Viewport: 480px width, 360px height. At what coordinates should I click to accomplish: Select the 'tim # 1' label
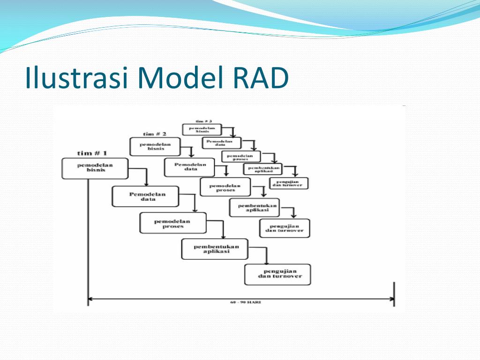pos(92,153)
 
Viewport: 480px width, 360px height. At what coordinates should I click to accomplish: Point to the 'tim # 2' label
pos(155,134)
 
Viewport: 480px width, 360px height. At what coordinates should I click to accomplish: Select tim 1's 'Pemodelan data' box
pos(145,196)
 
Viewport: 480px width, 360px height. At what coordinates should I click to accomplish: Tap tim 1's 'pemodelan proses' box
pos(173,223)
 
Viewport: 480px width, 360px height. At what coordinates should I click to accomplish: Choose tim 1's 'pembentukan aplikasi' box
pos(214,249)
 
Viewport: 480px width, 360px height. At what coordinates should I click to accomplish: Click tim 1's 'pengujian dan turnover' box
pos(277,274)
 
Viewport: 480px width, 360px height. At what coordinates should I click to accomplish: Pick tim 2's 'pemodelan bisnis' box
pos(155,147)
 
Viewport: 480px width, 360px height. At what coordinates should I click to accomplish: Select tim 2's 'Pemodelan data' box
pos(189,167)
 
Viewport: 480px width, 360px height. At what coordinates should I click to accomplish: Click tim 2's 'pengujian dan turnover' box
pos(285,228)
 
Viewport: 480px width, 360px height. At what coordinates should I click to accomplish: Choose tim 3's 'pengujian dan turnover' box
pos(289,183)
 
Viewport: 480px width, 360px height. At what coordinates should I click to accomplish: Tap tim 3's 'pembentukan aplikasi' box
pos(262,169)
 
